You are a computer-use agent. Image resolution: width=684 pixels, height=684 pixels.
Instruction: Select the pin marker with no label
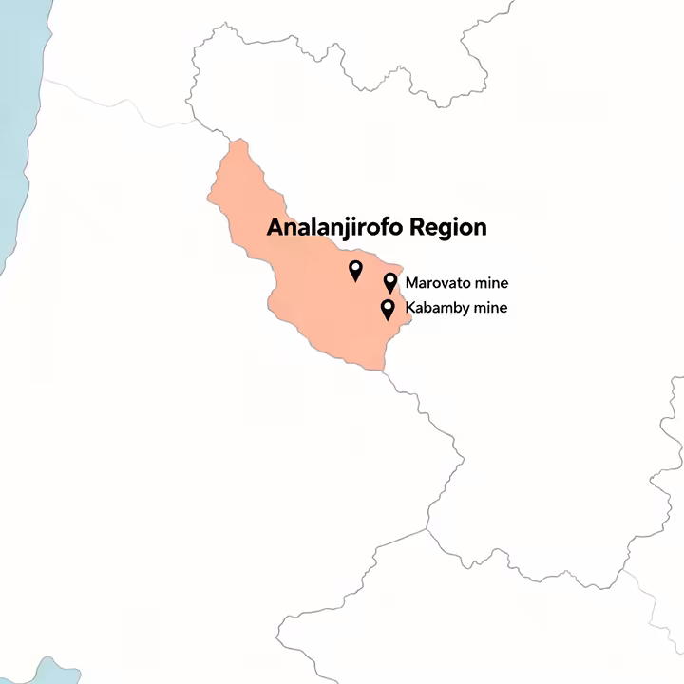(x=355, y=270)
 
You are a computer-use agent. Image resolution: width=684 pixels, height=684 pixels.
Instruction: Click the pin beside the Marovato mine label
(x=389, y=281)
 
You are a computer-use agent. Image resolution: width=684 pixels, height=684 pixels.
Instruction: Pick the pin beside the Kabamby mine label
(x=387, y=308)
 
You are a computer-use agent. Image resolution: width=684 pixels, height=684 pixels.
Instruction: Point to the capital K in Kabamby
(x=409, y=308)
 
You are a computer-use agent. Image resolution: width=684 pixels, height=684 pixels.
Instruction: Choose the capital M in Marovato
(x=411, y=283)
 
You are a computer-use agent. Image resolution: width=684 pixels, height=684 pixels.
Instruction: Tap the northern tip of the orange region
(x=236, y=142)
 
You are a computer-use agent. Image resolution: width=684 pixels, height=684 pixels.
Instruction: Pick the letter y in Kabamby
(x=473, y=311)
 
